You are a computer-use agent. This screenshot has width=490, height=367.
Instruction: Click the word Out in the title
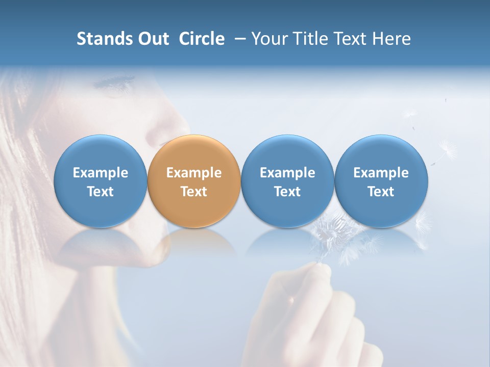click(x=153, y=39)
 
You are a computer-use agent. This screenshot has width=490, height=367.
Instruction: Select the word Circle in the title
click(x=202, y=39)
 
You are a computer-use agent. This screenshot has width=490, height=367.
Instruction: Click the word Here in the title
click(x=391, y=39)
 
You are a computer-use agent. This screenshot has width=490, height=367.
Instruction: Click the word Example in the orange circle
click(x=194, y=173)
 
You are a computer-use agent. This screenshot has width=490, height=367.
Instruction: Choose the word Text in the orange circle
click(x=194, y=192)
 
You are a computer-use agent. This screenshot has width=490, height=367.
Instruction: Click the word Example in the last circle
click(x=381, y=173)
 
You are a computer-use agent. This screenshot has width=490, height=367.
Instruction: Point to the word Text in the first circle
click(x=100, y=192)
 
